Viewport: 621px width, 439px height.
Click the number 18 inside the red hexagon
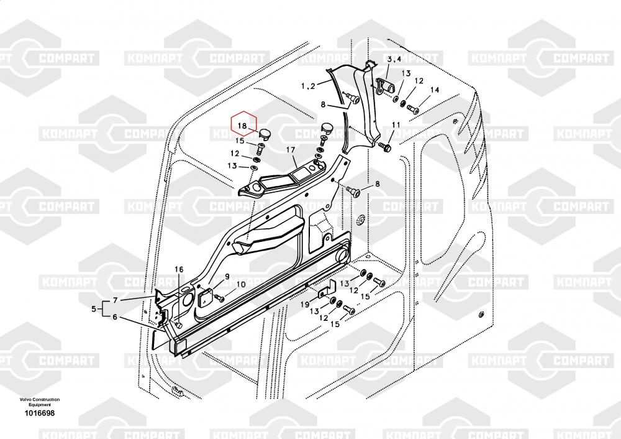243,126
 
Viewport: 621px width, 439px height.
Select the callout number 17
291,150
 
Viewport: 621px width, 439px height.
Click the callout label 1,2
308,85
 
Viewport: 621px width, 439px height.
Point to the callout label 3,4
394,59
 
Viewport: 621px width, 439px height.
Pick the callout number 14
435,90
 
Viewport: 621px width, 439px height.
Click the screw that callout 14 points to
412,110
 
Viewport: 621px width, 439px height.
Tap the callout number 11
396,126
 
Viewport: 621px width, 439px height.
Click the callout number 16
179,269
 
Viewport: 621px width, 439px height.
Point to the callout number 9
227,277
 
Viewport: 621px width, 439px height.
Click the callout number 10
240,285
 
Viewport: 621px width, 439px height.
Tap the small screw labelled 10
220,298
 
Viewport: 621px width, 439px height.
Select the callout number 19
305,303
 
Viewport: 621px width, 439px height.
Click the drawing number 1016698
40,413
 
